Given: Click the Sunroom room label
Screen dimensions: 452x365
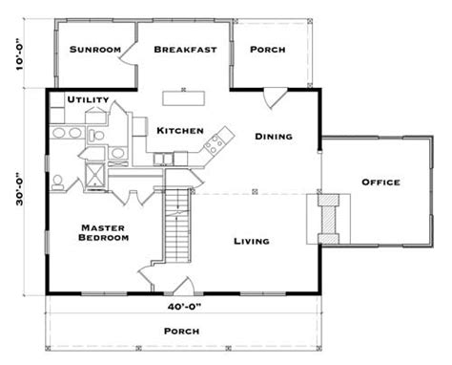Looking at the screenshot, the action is [x=95, y=50].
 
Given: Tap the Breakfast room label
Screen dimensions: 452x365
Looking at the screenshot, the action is [x=185, y=50].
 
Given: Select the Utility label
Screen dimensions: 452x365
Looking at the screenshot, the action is [x=88, y=99].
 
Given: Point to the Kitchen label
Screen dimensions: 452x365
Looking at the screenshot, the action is [x=180, y=131].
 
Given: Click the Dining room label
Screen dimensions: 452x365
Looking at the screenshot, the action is [x=274, y=137].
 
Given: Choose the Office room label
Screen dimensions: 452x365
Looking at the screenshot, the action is [x=380, y=182].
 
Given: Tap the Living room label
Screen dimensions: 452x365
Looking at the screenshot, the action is [x=252, y=242].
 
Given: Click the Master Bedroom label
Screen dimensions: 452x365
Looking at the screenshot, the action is [x=104, y=233].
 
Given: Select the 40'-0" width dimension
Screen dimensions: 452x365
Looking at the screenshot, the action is [x=184, y=307].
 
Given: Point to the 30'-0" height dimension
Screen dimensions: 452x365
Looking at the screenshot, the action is [x=20, y=189].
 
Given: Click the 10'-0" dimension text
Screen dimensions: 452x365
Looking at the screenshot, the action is [x=20, y=54].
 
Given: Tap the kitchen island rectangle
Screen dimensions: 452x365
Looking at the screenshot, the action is [x=183, y=98].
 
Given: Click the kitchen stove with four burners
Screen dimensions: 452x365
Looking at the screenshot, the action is [x=213, y=144].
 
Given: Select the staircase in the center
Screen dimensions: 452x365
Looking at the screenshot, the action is [x=177, y=225].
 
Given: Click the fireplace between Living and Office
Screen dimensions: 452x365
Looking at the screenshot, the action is [x=329, y=219].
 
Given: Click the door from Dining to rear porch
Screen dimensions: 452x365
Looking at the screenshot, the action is [x=275, y=98].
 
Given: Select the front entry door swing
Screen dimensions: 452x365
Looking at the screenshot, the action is [x=183, y=285].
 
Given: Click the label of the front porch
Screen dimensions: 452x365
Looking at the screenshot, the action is [x=182, y=332].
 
